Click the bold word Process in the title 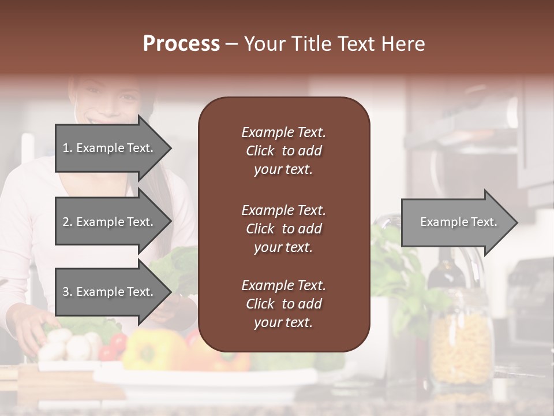click(x=181, y=44)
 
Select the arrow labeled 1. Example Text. click(x=110, y=148)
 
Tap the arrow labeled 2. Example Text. click(x=110, y=222)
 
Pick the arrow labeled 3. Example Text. click(x=110, y=292)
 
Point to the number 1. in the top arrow click(x=68, y=148)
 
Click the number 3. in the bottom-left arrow click(x=68, y=292)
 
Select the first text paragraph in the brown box click(x=283, y=151)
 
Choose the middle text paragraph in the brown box click(x=283, y=228)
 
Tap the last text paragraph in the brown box click(x=283, y=304)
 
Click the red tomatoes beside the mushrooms click(x=112, y=347)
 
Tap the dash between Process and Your click(x=231, y=44)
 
